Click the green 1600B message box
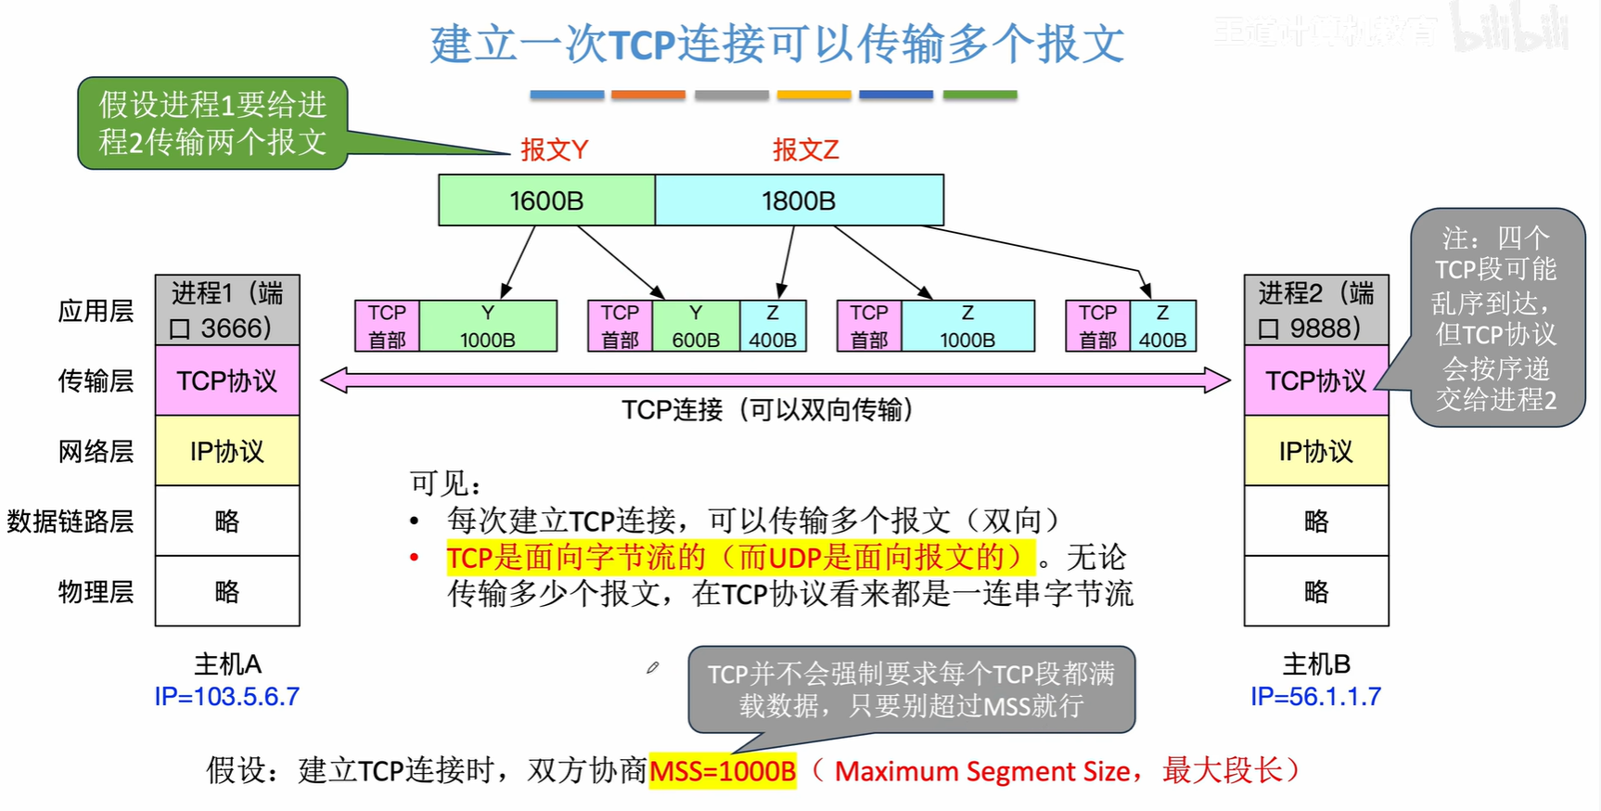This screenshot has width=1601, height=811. click(546, 200)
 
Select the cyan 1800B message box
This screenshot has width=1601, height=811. click(799, 200)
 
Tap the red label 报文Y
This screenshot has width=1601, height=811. click(554, 149)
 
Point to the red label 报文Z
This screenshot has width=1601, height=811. click(805, 149)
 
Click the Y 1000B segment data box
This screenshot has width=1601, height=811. click(488, 326)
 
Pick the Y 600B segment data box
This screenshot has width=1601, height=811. click(696, 326)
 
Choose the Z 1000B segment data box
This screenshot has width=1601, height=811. click(967, 326)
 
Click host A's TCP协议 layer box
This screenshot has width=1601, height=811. click(227, 380)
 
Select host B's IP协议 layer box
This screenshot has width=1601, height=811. click(1316, 451)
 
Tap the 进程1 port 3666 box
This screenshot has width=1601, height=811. click(227, 310)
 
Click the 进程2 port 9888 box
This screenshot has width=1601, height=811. click(1316, 310)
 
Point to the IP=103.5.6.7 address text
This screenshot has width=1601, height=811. click(227, 697)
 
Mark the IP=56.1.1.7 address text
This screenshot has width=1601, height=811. click(1315, 697)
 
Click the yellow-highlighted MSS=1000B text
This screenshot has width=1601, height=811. click(723, 770)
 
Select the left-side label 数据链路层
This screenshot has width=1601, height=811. click(70, 521)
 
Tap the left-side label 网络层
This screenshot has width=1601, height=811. click(96, 451)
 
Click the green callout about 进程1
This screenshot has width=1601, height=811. click(212, 123)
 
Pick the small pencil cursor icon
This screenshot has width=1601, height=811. click(653, 667)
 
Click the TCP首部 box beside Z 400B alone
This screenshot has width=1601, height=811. click(1097, 326)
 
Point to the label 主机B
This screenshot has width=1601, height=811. click(1315, 664)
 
